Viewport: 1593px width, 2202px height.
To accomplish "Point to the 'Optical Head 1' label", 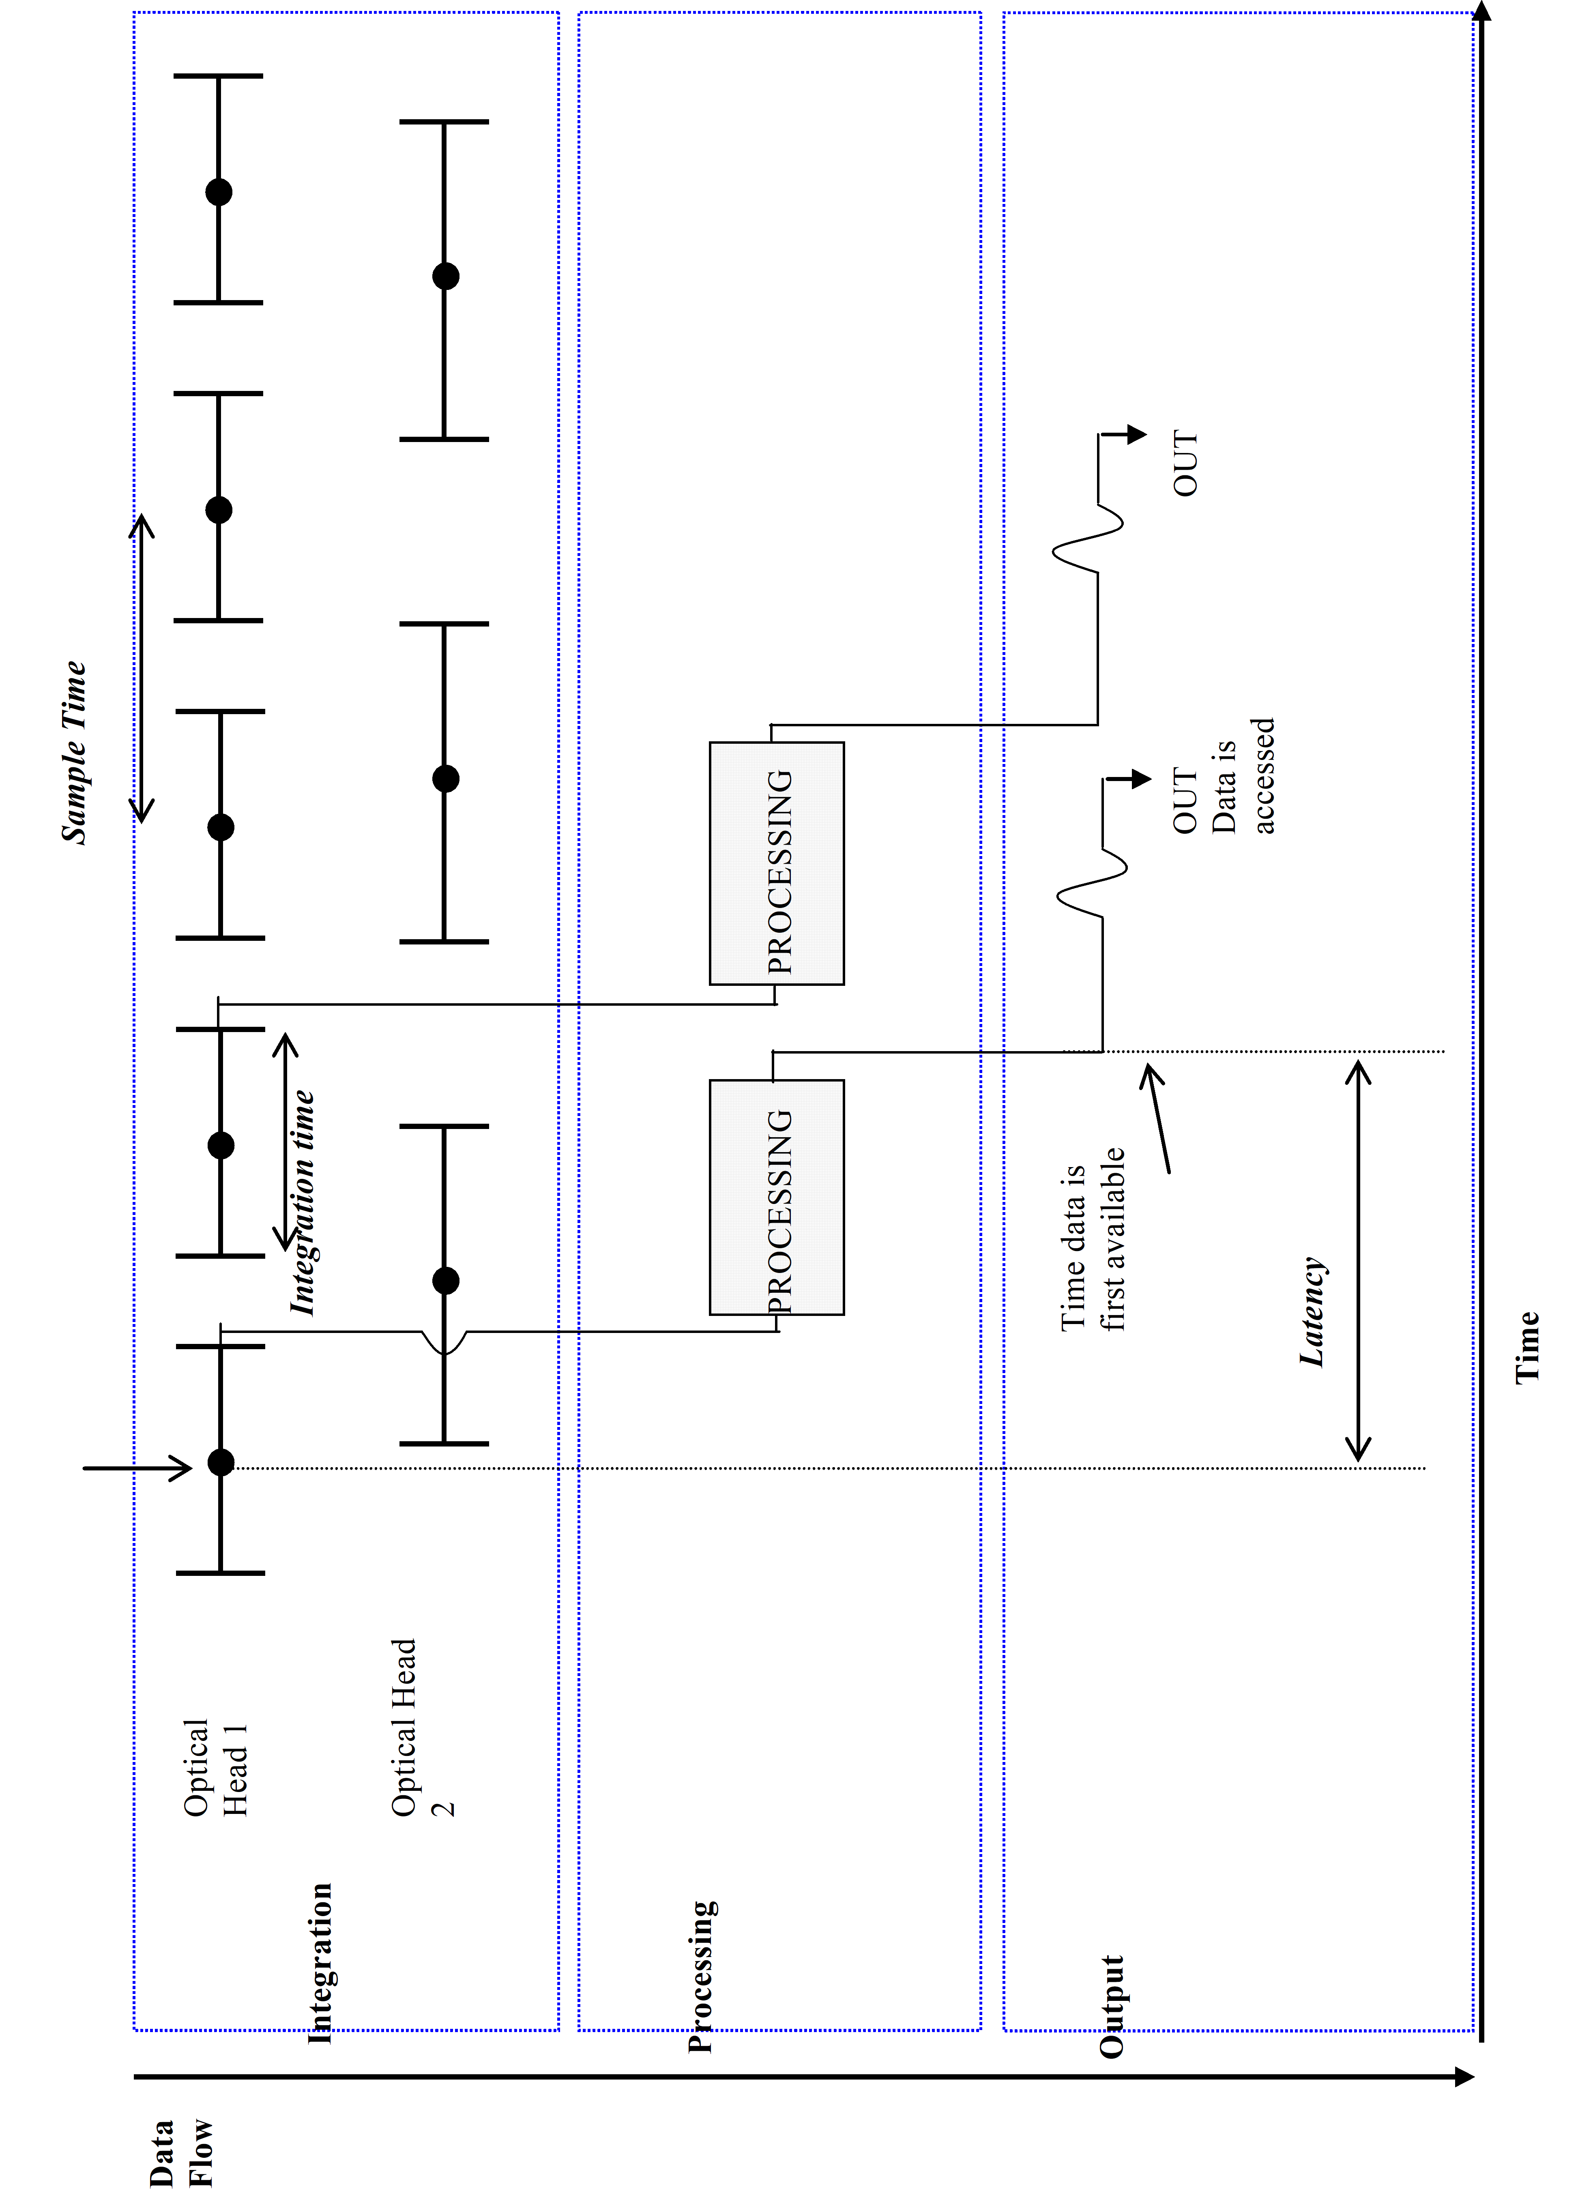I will [215, 1767].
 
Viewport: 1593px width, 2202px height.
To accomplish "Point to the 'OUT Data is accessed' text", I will [1223, 777].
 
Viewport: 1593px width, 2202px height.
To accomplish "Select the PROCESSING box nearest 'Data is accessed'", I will [777, 863].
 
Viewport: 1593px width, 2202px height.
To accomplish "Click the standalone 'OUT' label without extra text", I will [1185, 464].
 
